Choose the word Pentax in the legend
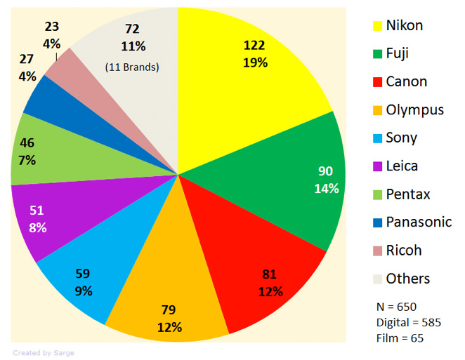click(408, 194)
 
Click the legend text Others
click(407, 278)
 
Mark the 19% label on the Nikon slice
click(254, 62)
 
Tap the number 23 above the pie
click(51, 27)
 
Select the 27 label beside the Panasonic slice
click(26, 60)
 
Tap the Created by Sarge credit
click(44, 352)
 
